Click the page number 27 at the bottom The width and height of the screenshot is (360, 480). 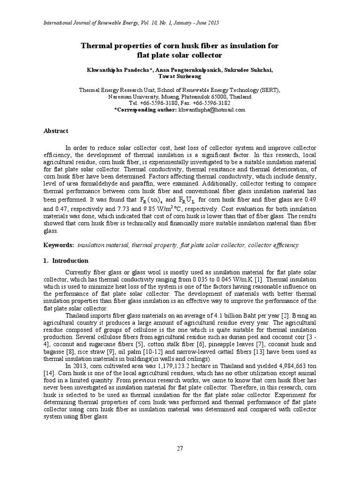180,448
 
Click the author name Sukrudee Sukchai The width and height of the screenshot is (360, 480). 249,70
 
